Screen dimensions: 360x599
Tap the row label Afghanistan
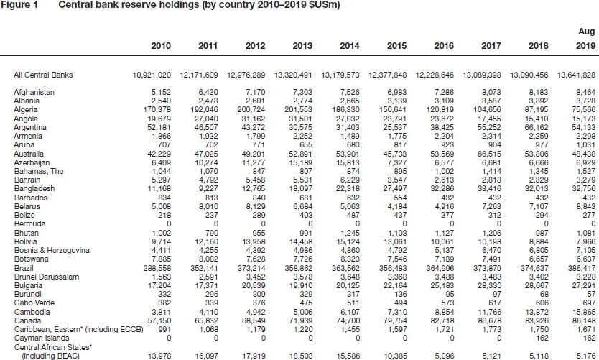[34, 92]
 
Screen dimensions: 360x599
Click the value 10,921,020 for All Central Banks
[152, 75]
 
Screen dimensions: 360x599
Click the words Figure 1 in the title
[19, 6]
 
